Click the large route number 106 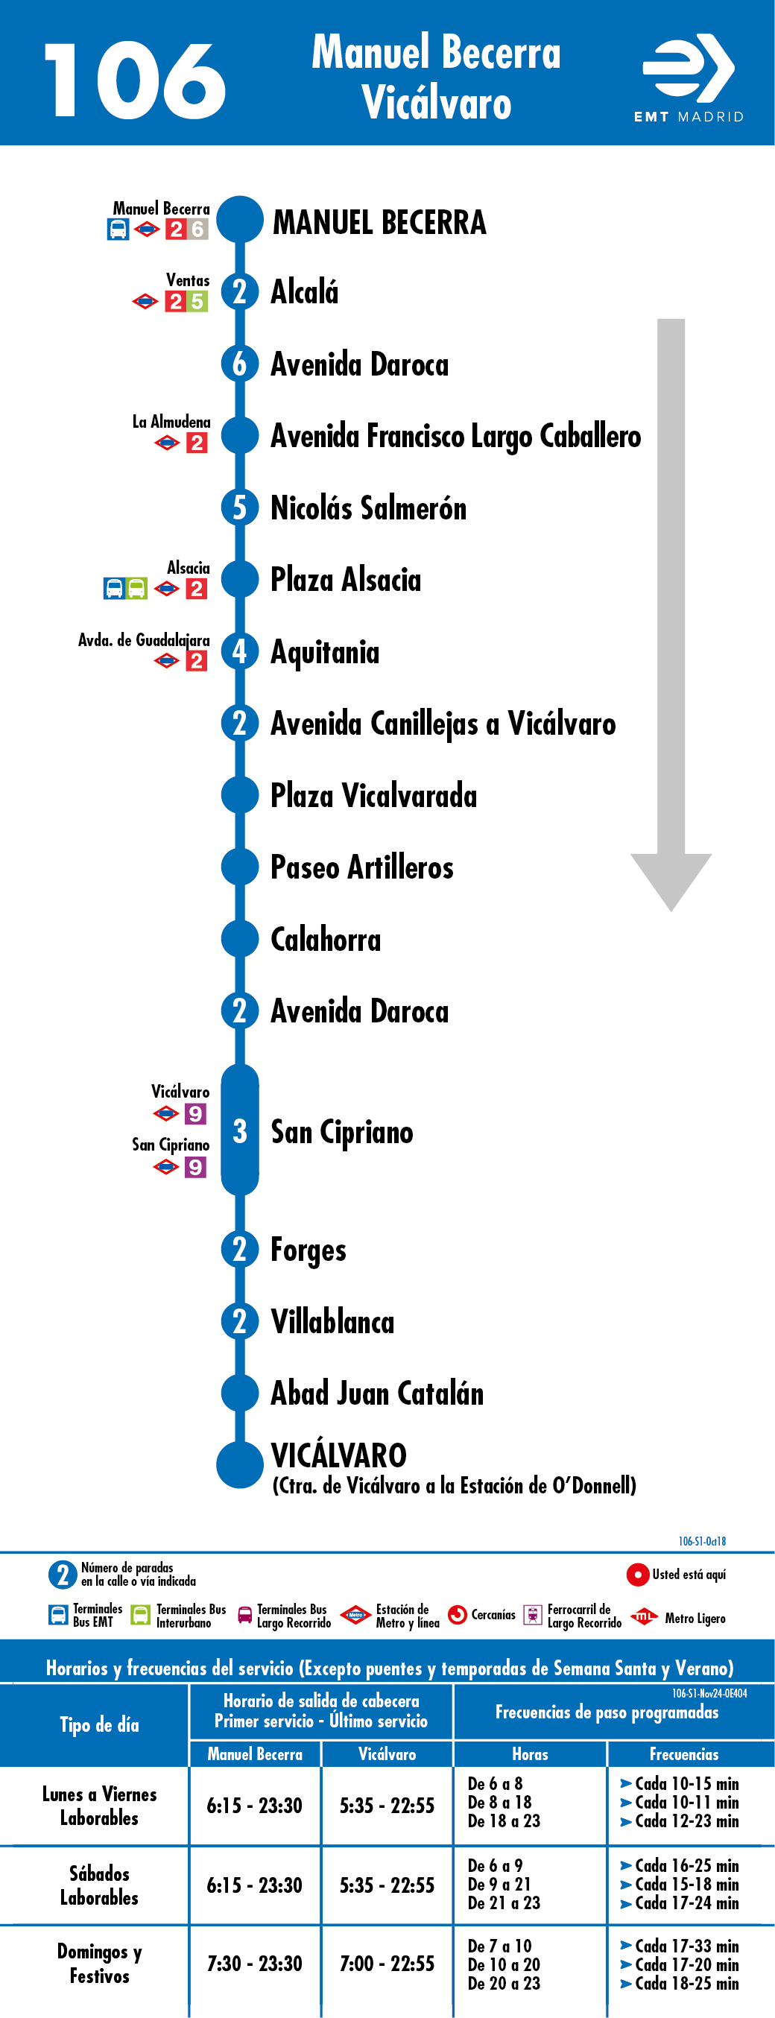tap(135, 80)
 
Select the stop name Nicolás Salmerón tap(368, 507)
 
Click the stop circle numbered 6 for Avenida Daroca tap(240, 364)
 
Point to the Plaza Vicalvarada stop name tap(374, 795)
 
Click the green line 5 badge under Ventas tap(197, 302)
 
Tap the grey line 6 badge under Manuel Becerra tap(197, 229)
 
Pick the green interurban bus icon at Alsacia tap(136, 588)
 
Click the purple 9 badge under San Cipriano tap(195, 1167)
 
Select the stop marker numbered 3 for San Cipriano tap(240, 1130)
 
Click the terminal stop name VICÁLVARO tap(338, 1455)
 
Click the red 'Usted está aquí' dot tap(638, 1574)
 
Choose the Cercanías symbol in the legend tap(458, 1615)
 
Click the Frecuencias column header tap(684, 1754)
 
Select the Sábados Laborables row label tap(100, 1885)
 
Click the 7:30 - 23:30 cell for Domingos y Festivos tap(255, 1963)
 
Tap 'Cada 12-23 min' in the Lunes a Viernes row tap(680, 1821)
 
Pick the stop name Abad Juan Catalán tap(377, 1394)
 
